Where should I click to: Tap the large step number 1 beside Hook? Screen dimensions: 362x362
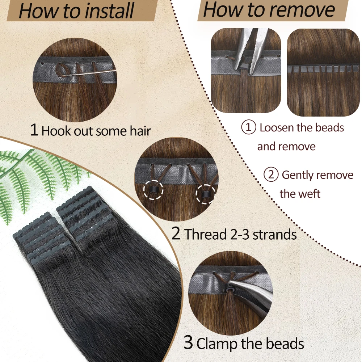(34, 130)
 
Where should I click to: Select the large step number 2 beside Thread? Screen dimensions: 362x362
(176, 233)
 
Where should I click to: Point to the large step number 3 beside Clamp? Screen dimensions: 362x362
(188, 342)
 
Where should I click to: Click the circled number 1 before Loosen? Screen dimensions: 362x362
(249, 127)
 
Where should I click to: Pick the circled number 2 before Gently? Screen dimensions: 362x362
(271, 174)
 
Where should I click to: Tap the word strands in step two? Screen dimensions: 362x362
(275, 234)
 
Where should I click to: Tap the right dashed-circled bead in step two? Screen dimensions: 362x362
(205, 194)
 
